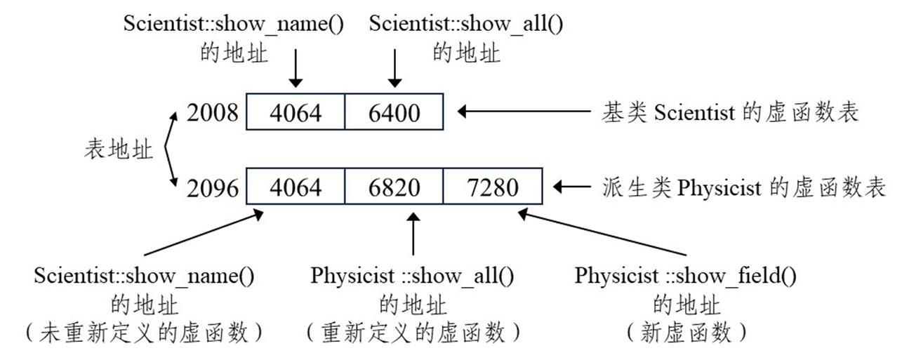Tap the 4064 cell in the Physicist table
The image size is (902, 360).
(296, 187)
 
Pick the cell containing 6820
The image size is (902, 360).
(394, 187)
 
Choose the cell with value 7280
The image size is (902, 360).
(492, 187)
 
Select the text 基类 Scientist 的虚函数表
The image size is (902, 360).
(730, 112)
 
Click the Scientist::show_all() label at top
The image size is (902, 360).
(467, 23)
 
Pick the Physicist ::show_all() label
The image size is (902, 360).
(413, 276)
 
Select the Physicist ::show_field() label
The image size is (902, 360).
(686, 276)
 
